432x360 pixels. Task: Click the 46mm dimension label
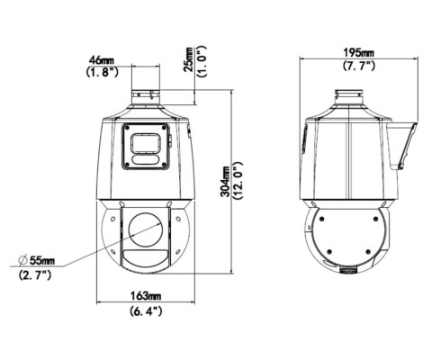(x=102, y=59)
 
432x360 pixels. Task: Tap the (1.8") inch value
(x=102, y=72)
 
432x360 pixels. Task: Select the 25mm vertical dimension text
(x=190, y=59)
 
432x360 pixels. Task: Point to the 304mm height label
(x=225, y=182)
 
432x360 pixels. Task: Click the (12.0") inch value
(x=238, y=181)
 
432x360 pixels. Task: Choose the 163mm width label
(x=146, y=296)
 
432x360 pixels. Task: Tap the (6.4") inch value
(x=146, y=310)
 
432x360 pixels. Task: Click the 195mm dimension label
(x=358, y=53)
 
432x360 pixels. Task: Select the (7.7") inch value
(x=359, y=66)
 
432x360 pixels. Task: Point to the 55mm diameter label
(x=42, y=260)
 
